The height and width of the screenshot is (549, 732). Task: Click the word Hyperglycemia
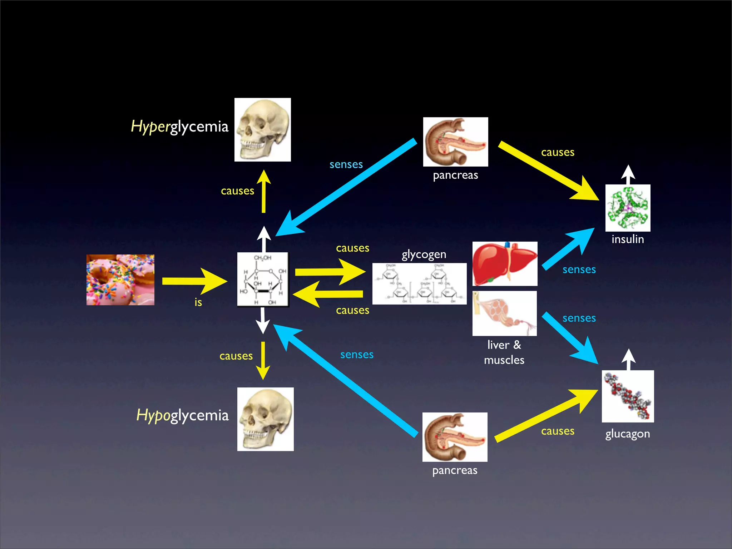[x=179, y=127]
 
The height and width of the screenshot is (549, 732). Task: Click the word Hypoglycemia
[x=182, y=415]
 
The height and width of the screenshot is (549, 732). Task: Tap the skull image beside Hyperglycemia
[x=263, y=130]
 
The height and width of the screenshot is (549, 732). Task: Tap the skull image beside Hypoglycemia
[x=266, y=419]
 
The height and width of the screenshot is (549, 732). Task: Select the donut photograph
[x=120, y=280]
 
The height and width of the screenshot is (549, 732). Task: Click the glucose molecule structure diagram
[x=263, y=280]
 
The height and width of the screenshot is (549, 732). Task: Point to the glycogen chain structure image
[x=419, y=284]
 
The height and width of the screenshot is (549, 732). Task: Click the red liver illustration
[x=505, y=264]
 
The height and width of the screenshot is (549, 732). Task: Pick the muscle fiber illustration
[x=505, y=313]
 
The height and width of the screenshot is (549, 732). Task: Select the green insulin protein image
[x=628, y=208]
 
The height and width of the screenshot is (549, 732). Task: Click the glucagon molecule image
[x=628, y=396]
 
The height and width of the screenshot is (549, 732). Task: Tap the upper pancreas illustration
[x=455, y=142]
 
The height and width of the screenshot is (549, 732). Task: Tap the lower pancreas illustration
[x=455, y=437]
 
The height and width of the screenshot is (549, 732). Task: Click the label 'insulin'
[x=628, y=239]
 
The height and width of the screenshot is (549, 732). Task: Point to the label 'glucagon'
[x=627, y=434]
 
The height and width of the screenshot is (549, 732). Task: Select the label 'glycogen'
[x=424, y=254]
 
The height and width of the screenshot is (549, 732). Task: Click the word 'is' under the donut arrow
[x=198, y=302]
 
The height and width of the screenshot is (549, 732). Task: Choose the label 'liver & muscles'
[x=504, y=352]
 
